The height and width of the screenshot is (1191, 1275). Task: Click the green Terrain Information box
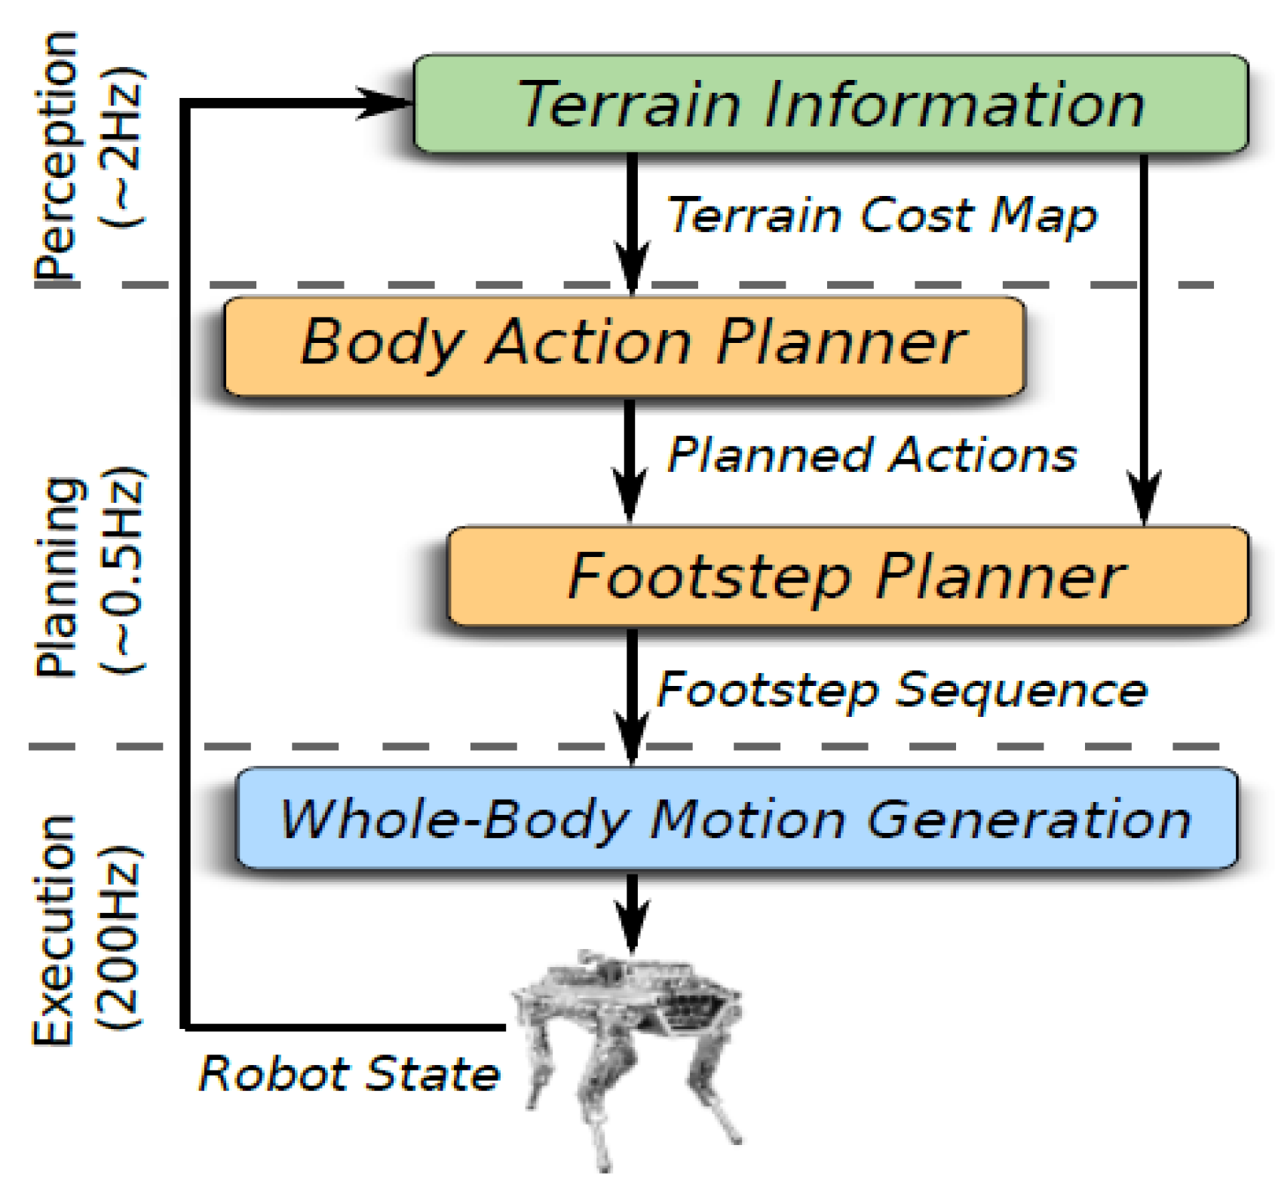829,104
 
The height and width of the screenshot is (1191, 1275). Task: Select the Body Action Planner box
624,345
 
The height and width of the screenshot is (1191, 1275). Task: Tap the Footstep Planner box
847,576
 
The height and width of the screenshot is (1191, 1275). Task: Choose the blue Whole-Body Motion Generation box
736,819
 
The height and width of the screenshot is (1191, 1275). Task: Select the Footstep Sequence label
902,689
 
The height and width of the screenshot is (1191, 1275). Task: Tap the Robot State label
348,1073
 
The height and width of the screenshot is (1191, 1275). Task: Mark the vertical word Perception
57,158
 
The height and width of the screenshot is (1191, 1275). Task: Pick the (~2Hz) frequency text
121,147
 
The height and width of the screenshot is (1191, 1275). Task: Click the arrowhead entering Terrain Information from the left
385,103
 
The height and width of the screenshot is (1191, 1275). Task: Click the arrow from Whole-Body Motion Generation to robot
632,912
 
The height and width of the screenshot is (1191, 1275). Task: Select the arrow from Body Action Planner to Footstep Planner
630,460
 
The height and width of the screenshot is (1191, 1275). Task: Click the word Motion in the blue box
746,819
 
